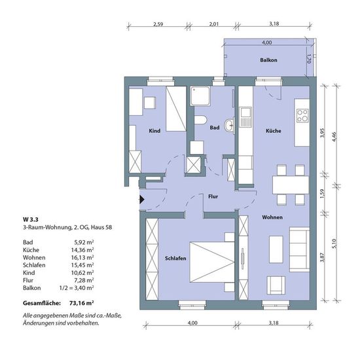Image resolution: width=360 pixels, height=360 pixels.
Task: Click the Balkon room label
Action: tap(268, 60)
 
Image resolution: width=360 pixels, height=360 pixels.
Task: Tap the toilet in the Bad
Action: tap(200, 119)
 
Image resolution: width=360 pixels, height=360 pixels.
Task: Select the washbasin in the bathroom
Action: tap(229, 126)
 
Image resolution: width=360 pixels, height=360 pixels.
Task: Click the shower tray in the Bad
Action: tap(200, 96)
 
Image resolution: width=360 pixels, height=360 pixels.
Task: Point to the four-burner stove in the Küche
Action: tap(302, 115)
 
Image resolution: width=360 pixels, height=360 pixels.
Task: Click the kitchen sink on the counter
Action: tap(245, 117)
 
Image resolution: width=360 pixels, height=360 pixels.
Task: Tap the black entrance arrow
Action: tap(141, 200)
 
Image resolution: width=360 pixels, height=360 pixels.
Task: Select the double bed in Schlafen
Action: tap(212, 262)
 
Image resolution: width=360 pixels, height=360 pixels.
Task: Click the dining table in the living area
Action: tap(291, 185)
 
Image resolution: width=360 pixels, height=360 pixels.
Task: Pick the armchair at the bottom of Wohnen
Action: tap(276, 285)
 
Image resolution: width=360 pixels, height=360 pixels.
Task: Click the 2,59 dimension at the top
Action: tap(158, 24)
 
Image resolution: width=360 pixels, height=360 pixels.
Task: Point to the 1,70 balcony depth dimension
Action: tap(309, 58)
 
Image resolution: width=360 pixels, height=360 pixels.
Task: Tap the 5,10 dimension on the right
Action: tap(334, 243)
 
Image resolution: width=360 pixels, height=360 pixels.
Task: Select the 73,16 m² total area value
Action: tap(82, 303)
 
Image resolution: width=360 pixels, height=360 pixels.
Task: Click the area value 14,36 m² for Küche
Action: tap(82, 250)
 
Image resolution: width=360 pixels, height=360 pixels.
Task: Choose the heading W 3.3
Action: tap(31, 219)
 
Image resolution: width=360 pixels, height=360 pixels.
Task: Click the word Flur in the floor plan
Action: tap(213, 196)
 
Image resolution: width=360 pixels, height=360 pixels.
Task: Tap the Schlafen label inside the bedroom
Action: tap(175, 259)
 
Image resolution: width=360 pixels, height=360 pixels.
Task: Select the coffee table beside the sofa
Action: tap(276, 249)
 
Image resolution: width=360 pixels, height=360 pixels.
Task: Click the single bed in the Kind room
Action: tap(176, 109)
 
